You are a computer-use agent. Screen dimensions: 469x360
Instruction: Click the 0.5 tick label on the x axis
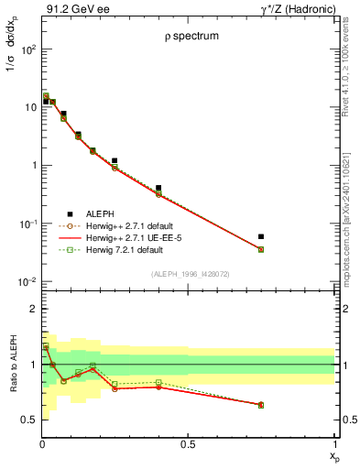point(188,445)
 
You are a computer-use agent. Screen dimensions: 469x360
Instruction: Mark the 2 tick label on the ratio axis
point(32,310)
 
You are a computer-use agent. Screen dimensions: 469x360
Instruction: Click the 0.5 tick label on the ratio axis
point(27,420)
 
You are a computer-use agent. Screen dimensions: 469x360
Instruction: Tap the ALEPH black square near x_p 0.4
point(158,188)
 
